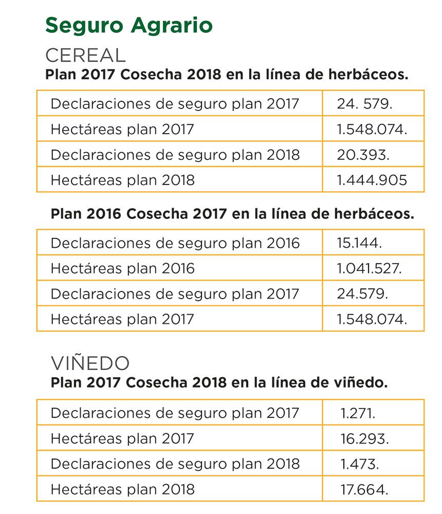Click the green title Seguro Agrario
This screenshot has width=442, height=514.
pyautogui.click(x=129, y=25)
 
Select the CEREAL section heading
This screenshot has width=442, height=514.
pyautogui.click(x=85, y=55)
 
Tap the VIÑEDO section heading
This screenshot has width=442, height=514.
pyautogui.click(x=90, y=363)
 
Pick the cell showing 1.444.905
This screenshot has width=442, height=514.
pyautogui.click(x=372, y=180)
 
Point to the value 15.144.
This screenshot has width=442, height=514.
pyautogui.click(x=360, y=243)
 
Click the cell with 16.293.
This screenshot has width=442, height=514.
pyautogui.click(x=364, y=438)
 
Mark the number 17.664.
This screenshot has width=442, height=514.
pyautogui.click(x=364, y=489)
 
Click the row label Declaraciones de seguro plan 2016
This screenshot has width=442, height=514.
pyautogui.click(x=175, y=243)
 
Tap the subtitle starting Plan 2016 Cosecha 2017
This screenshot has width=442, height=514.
pyautogui.click(x=232, y=214)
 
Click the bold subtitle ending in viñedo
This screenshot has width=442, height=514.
pyautogui.click(x=219, y=383)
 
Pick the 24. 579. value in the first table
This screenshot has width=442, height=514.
pyautogui.click(x=365, y=104)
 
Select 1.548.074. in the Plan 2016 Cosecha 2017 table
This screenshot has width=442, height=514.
pyautogui.click(x=372, y=319)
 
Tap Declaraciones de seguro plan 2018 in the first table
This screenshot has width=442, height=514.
pyautogui.click(x=175, y=154)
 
